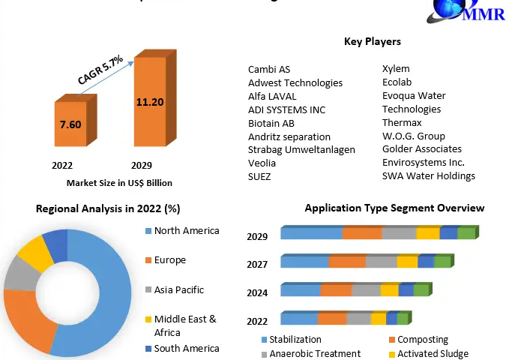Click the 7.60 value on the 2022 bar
[70, 124]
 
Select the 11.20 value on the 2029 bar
[150, 102]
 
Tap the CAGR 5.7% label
[100, 69]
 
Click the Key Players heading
[372, 41]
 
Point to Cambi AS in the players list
[270, 69]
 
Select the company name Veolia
[262, 163]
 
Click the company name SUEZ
[259, 176]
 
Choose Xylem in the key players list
[396, 68]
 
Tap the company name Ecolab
[397, 82]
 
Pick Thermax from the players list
[402, 122]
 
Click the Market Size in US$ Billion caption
[119, 182]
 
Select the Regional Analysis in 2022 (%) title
[108, 208]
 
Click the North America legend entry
[186, 230]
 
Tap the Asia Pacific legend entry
[178, 289]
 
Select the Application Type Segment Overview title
[394, 208]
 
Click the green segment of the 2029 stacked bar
[466, 233]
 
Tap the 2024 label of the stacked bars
[257, 293]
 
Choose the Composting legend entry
[422, 340]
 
